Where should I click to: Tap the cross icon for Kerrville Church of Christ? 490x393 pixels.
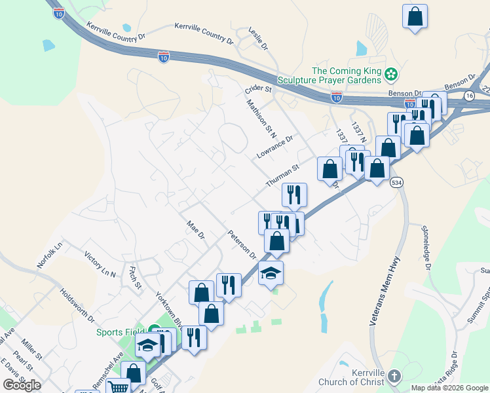coord(393,376)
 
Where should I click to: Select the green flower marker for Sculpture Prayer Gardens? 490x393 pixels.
coord(392,75)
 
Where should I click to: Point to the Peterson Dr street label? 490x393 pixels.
coord(242,244)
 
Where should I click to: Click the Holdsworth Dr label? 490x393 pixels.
coord(77,307)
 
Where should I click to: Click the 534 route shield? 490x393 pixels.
coord(395,181)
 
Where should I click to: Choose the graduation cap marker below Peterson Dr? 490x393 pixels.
coord(271,272)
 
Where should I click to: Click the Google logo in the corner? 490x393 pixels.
coord(22,385)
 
